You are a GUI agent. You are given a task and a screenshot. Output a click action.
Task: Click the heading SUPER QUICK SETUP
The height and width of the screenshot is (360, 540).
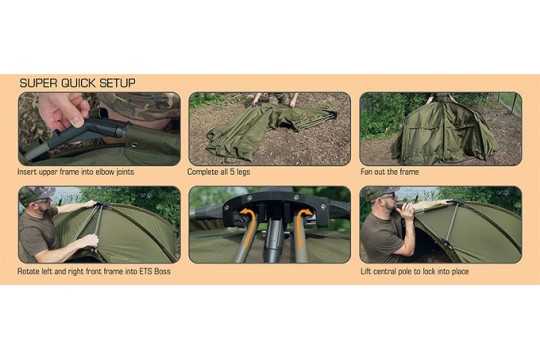77,83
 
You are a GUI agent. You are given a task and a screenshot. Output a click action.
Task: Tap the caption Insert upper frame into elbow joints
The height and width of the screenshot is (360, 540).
76,172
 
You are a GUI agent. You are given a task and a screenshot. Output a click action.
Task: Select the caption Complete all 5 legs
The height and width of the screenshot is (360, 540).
219,172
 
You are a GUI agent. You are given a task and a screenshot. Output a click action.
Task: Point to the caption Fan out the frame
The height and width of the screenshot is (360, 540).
390,172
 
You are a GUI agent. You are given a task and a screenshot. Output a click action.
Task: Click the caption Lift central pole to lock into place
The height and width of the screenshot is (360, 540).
415,271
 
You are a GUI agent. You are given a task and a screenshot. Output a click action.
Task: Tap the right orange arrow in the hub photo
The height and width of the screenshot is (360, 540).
302,228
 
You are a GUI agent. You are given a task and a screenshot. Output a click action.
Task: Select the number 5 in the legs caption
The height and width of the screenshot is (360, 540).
231,172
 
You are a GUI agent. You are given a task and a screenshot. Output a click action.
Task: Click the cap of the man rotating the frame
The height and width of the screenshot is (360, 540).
36,193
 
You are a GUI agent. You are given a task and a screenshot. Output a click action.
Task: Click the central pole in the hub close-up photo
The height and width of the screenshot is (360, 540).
273,241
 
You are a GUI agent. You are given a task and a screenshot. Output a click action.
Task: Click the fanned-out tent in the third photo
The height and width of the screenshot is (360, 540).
445,134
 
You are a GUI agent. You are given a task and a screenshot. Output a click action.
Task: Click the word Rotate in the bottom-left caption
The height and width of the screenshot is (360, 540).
28,271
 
